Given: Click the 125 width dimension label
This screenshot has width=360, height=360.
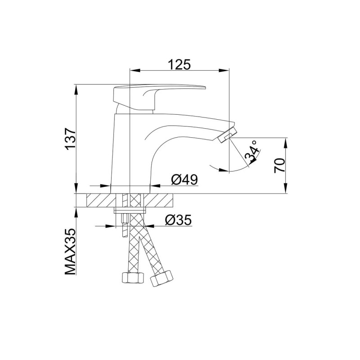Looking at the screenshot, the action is point(179,64).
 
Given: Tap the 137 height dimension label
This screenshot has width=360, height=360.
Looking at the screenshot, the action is point(70,139).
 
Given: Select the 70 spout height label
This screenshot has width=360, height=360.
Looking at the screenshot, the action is point(279,166).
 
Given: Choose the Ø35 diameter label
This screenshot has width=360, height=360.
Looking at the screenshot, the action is point(178,220).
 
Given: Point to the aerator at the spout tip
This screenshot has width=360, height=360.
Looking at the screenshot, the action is point(227,136).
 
